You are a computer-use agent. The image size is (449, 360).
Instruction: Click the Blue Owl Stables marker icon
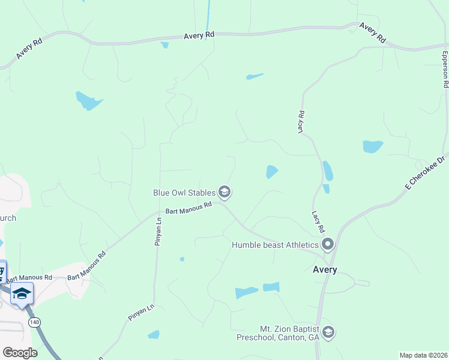(224, 193)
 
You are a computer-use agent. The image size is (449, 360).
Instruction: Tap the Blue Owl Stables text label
(184, 193)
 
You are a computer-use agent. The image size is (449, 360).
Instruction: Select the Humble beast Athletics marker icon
(328, 244)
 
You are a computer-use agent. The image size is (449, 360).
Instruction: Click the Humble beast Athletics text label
(275, 245)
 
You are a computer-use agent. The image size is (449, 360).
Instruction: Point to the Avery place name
(325, 269)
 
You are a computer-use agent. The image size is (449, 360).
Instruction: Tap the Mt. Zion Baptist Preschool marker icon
(328, 332)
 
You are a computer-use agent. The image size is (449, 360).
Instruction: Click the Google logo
(20, 353)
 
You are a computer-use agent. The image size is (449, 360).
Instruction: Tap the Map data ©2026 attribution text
(423, 355)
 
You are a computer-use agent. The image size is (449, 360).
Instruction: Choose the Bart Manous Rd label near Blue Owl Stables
(189, 208)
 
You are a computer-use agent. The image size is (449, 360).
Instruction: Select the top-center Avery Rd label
(199, 35)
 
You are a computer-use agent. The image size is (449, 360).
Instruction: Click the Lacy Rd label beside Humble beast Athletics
(318, 221)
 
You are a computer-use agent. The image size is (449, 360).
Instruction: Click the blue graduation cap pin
(22, 293)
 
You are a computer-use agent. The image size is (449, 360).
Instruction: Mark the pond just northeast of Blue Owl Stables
(272, 172)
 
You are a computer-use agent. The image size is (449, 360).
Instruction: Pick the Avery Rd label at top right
(372, 32)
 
